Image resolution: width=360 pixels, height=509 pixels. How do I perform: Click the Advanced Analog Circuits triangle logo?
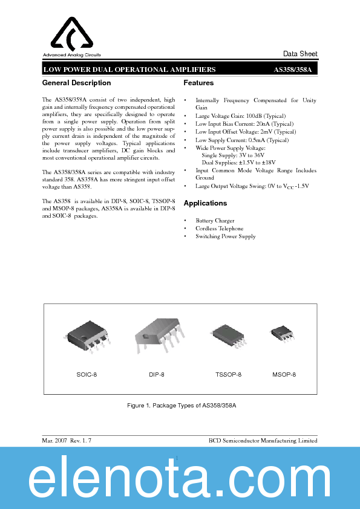point(71,34)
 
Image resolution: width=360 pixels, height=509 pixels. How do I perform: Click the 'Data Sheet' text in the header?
point(300,54)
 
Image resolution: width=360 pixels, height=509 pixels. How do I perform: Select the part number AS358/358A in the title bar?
point(293,70)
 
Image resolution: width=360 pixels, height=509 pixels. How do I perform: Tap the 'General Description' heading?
point(76,83)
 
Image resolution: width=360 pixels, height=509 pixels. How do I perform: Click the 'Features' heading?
point(198,83)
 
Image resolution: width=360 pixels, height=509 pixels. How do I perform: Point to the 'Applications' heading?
point(205,204)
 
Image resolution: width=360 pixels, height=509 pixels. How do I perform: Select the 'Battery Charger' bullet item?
point(215,221)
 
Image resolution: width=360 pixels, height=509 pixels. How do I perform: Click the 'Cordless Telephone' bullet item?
point(219,229)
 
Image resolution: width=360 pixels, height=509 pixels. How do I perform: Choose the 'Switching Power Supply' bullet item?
point(225,236)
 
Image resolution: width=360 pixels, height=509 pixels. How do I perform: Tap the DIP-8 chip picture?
point(157,336)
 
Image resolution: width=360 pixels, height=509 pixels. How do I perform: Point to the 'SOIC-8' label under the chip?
point(87,375)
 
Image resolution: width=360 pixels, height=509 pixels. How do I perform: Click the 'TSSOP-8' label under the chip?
point(228,375)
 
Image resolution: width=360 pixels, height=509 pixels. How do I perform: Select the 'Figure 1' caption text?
point(181,405)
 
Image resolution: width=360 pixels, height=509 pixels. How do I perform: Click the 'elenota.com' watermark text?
point(180,480)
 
